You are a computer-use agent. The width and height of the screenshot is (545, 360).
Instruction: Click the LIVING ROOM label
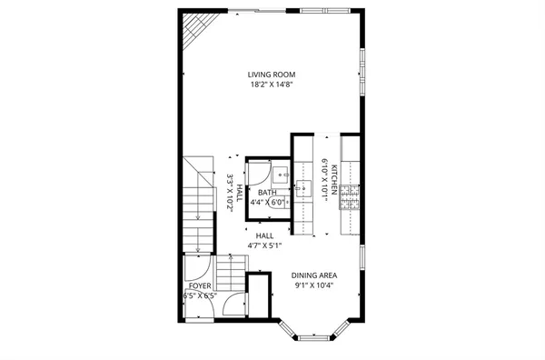pos(272,75)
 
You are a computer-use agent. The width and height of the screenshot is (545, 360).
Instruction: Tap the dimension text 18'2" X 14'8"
pos(272,85)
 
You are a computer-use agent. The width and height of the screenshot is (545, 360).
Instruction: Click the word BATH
pos(266,193)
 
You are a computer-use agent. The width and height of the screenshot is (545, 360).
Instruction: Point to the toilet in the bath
pos(282,205)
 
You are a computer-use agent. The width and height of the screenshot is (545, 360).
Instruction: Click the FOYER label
pos(199,285)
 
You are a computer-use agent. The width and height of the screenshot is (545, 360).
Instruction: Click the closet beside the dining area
pos(259,295)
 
